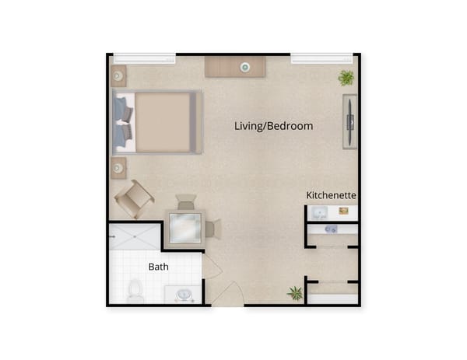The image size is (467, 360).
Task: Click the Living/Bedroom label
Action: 274,126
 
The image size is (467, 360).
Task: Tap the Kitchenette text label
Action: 331,194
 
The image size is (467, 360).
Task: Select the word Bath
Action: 159,267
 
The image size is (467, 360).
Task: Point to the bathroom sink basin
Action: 184,295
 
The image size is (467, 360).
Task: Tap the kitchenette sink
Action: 319,212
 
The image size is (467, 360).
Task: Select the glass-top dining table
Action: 186,228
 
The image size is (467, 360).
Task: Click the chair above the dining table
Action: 186,202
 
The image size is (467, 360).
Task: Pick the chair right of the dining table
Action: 212,229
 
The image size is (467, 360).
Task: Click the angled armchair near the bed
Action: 133,199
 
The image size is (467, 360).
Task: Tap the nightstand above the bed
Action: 118,76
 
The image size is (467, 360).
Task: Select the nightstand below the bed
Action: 118,166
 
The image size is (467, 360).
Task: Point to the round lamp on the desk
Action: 244,68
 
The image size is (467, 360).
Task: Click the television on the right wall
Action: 351,120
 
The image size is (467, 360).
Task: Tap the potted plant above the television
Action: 346,77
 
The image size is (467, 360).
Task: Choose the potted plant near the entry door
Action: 295,293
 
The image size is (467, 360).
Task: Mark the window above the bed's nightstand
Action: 145,58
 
